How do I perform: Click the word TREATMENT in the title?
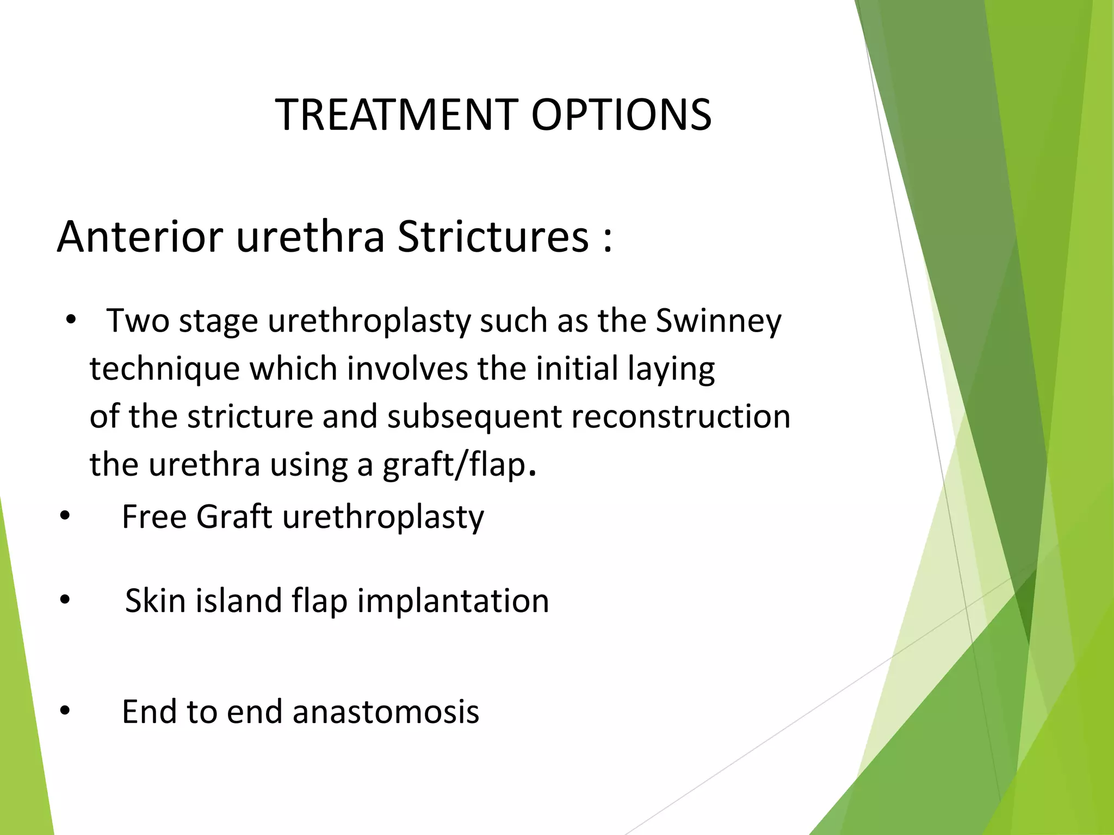(x=397, y=115)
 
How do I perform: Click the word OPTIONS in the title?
(x=621, y=115)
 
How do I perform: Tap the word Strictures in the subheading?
(x=493, y=237)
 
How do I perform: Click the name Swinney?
(x=718, y=321)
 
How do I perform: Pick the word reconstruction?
(x=680, y=416)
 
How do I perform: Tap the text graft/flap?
(x=455, y=465)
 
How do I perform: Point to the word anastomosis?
(x=386, y=712)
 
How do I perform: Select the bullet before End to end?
(x=65, y=711)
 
